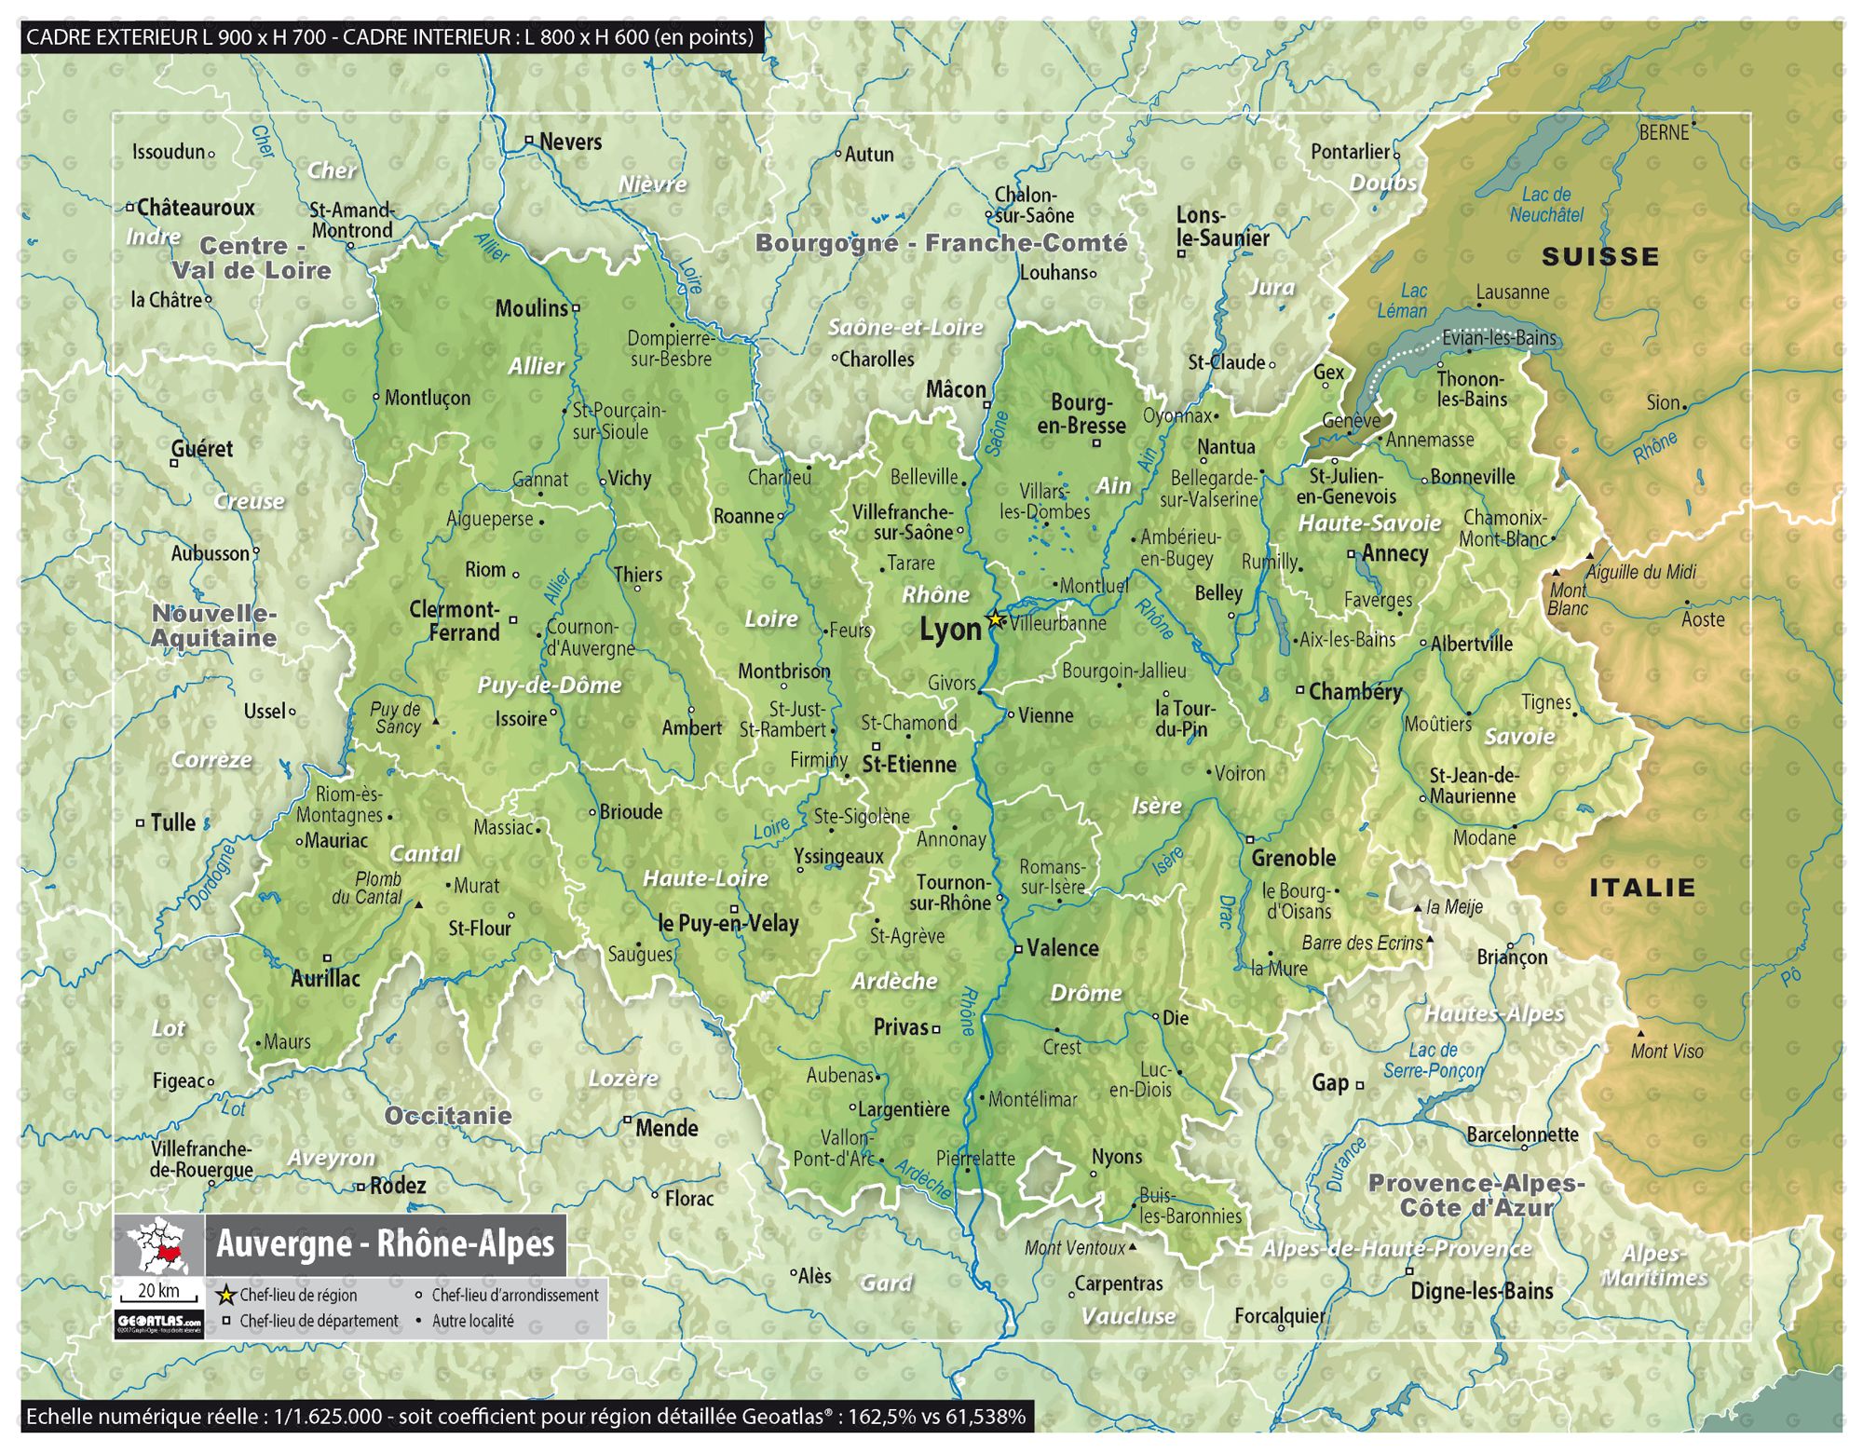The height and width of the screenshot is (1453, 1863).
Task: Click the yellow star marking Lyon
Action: [x=995, y=618]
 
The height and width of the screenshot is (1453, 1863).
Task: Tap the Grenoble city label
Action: [x=1293, y=858]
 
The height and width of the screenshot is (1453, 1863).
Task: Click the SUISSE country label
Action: [x=1599, y=257]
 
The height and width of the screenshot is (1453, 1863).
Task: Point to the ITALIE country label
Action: [x=1641, y=888]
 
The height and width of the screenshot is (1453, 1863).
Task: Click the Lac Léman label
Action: [x=1403, y=302]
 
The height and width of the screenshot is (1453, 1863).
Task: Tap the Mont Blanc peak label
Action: [x=1568, y=599]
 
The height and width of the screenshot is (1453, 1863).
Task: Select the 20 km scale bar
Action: [x=158, y=1295]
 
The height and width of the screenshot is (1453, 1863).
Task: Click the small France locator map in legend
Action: [x=159, y=1245]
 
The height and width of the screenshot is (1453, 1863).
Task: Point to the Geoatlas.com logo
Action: [x=158, y=1323]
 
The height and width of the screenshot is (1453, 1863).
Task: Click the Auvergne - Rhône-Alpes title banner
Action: [x=385, y=1244]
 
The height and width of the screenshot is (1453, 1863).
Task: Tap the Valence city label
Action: [x=1062, y=948]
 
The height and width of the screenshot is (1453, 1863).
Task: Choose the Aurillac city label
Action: [x=325, y=978]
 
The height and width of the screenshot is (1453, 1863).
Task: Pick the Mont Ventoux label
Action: [x=1075, y=1248]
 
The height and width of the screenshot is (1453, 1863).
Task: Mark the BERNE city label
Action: [x=1664, y=133]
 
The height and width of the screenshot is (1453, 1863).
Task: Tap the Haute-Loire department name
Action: [x=705, y=878]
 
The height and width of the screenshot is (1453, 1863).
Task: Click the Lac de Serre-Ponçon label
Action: [x=1433, y=1061]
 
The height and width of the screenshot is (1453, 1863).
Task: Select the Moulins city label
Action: [x=531, y=308]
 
